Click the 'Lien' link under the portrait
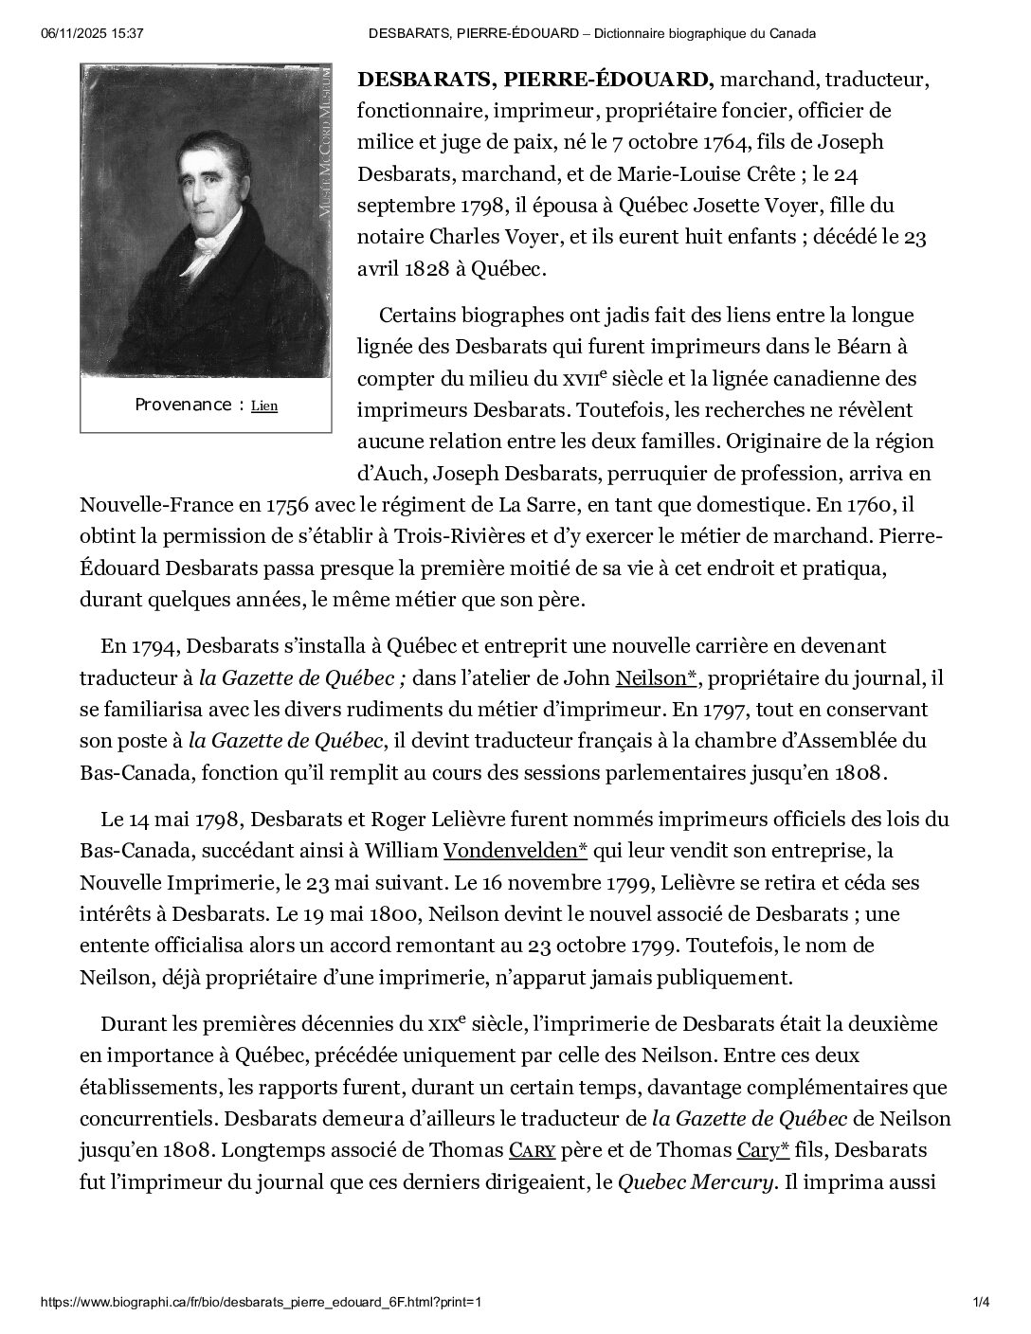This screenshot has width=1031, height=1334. [264, 406]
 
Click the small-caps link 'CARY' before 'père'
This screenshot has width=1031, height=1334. [532, 1150]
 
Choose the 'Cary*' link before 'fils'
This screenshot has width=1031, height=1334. [764, 1150]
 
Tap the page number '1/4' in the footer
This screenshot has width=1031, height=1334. [981, 1301]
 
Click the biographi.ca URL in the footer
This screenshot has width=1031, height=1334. [262, 1301]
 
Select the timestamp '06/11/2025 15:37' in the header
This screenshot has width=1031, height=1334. [93, 33]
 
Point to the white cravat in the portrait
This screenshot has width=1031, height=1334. [205, 249]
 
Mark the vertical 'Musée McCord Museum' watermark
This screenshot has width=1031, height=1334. [324, 142]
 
